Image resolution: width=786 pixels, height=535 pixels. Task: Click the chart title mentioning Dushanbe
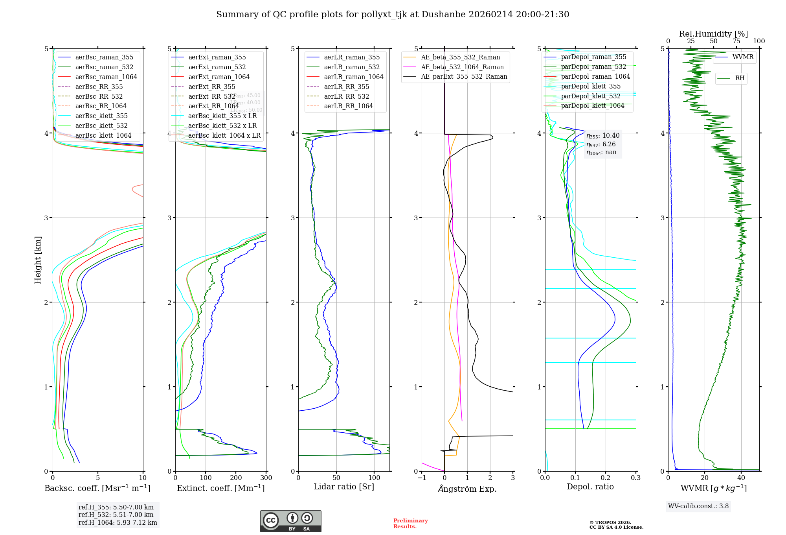pyautogui.click(x=393, y=15)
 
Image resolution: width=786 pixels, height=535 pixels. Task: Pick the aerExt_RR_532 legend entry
pyautogui.click(x=211, y=96)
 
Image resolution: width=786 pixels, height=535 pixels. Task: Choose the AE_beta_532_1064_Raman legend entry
pyautogui.click(x=462, y=67)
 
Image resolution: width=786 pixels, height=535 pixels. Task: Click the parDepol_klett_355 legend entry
pyautogui.click(x=591, y=86)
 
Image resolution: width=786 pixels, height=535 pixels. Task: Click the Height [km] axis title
pyautogui.click(x=38, y=260)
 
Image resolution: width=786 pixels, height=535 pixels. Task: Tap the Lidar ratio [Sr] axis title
pyautogui.click(x=344, y=487)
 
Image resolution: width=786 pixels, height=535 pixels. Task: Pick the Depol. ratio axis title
pyautogui.click(x=590, y=487)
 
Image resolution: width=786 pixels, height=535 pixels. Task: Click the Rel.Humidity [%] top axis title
pyautogui.click(x=713, y=34)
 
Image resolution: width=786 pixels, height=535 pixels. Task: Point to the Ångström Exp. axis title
pyautogui.click(x=467, y=489)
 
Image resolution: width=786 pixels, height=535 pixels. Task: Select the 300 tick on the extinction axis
pyautogui.click(x=266, y=478)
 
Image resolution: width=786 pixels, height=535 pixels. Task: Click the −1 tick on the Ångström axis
pyautogui.click(x=422, y=478)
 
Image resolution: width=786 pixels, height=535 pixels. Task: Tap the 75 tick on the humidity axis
pyautogui.click(x=736, y=41)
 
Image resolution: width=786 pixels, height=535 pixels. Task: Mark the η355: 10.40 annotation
pyautogui.click(x=603, y=136)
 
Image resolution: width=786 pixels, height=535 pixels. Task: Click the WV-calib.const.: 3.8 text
pyautogui.click(x=698, y=506)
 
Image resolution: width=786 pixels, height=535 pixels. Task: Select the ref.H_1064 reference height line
pyautogui.click(x=118, y=523)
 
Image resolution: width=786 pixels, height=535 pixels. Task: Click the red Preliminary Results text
pyautogui.click(x=410, y=524)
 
